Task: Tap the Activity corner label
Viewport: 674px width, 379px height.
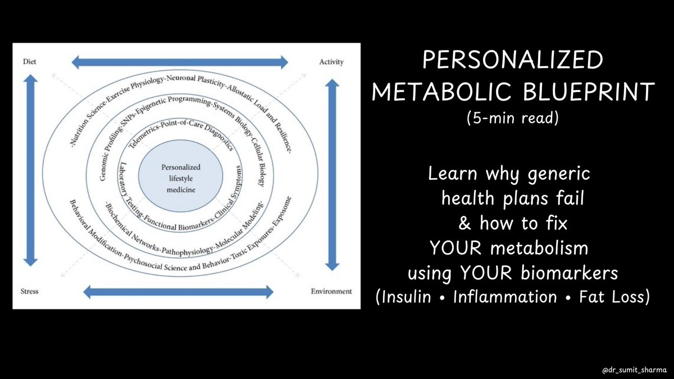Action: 331,61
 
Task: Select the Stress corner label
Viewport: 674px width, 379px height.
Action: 30,291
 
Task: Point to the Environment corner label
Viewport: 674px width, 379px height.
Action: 331,291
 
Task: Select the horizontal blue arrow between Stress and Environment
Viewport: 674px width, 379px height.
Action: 178,291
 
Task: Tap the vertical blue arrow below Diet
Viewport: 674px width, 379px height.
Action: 30,171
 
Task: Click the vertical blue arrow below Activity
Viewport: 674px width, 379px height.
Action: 333,174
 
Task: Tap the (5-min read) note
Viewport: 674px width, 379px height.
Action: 511,119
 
